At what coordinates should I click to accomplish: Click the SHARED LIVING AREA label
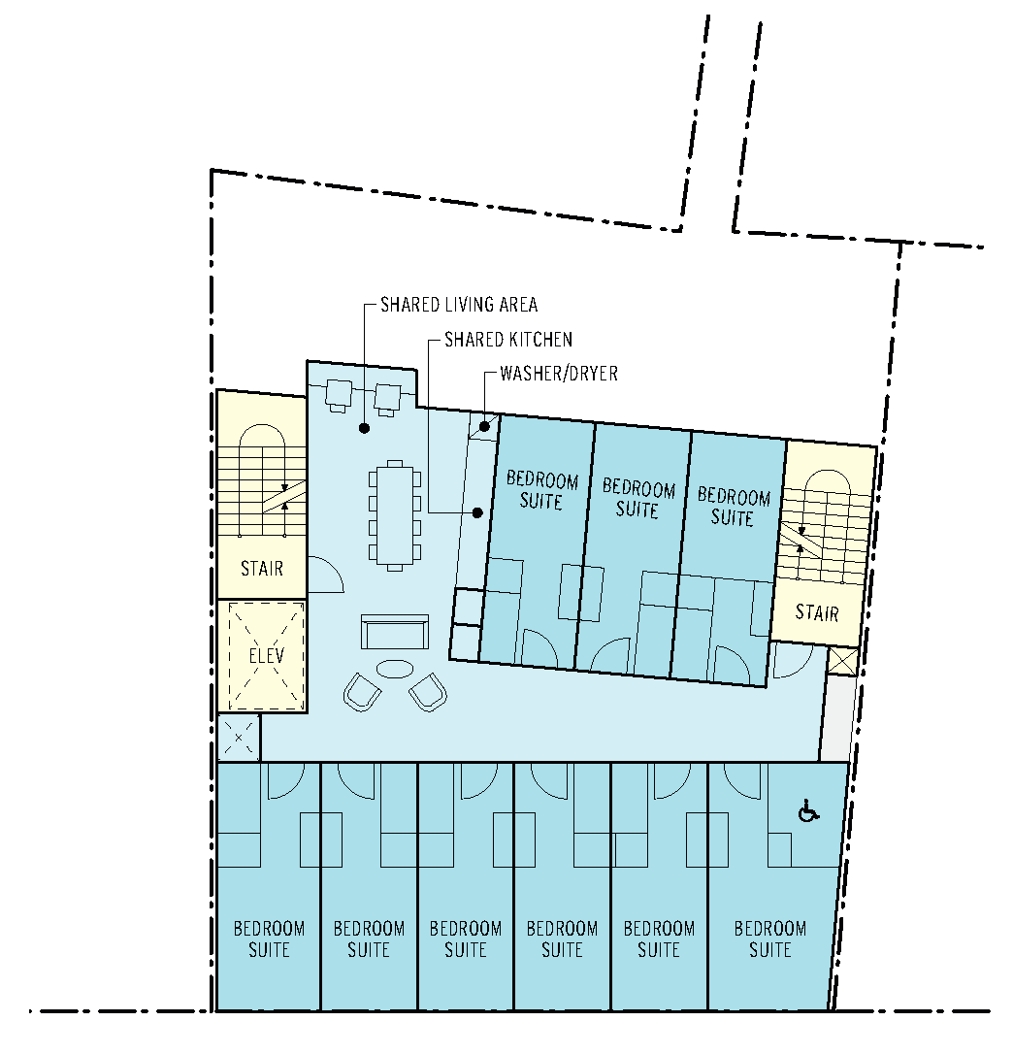pos(459,305)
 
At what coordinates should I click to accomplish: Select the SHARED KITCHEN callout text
pos(508,340)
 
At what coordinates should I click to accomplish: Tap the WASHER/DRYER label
pos(559,374)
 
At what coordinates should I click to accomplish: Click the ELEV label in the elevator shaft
pos(267,655)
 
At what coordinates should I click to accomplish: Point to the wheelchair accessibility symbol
pos(808,812)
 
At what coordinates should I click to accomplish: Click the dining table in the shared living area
pos(395,515)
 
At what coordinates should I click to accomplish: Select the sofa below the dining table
pos(395,632)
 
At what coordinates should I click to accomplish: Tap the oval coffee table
pos(395,669)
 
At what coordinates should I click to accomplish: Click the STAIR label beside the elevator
pos(262,569)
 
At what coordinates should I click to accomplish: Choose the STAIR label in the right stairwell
pos(817,612)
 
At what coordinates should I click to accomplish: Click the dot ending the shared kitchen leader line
pos(477,512)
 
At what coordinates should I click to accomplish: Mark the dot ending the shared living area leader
pos(364,428)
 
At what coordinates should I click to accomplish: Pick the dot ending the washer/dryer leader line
pos(484,427)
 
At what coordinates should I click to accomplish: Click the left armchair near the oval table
pos(362,692)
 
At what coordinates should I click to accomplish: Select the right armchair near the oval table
pos(428,692)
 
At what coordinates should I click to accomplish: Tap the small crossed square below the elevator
pos(239,738)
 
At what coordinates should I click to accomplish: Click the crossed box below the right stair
pos(843,661)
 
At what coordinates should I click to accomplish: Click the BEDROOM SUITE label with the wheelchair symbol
pos(770,939)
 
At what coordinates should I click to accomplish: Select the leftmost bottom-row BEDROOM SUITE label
pos(269,939)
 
